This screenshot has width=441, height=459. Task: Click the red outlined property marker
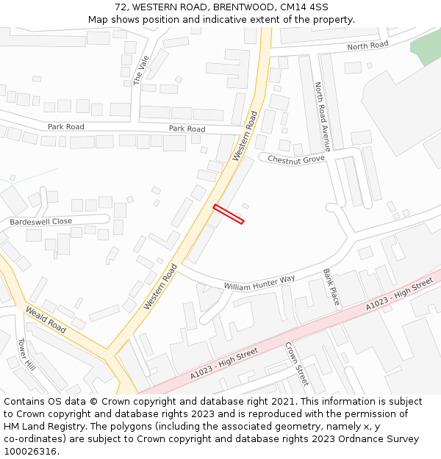(x=229, y=214)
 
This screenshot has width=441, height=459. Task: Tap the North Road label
(x=367, y=46)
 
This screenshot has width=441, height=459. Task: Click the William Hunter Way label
(x=259, y=283)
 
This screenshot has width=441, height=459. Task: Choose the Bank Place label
(x=331, y=287)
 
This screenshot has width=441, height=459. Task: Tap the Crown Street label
(x=296, y=365)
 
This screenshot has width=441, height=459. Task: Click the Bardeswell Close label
(x=41, y=221)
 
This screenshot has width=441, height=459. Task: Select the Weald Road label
(x=46, y=321)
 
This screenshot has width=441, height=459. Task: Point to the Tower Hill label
(x=26, y=355)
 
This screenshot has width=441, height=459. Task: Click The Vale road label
(x=140, y=70)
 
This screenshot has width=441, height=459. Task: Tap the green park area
(x=426, y=46)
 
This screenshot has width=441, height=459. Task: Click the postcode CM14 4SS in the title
(x=304, y=7)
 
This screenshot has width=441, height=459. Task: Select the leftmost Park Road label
(x=66, y=126)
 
